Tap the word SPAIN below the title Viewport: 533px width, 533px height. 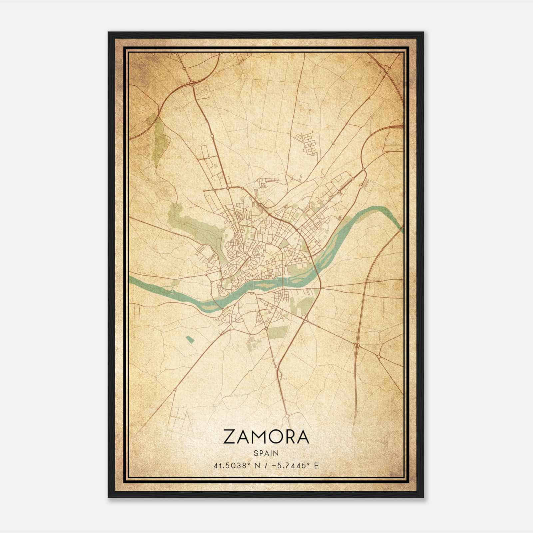pyautogui.click(x=266, y=453)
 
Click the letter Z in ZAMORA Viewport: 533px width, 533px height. pyautogui.click(x=230, y=437)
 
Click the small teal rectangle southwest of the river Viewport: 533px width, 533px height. pyautogui.click(x=190, y=339)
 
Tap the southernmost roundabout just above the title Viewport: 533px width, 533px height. pyautogui.click(x=286, y=416)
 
